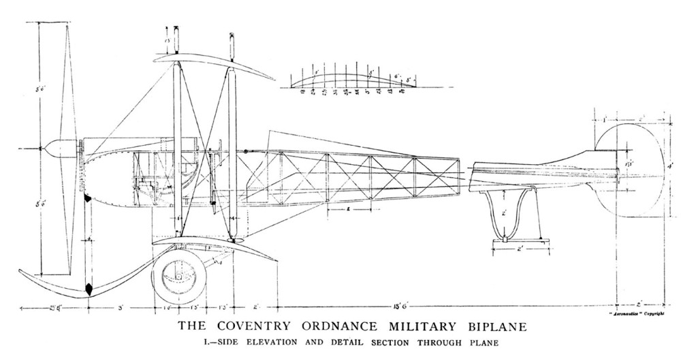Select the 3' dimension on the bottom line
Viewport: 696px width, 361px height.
pyautogui.click(x=120, y=309)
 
